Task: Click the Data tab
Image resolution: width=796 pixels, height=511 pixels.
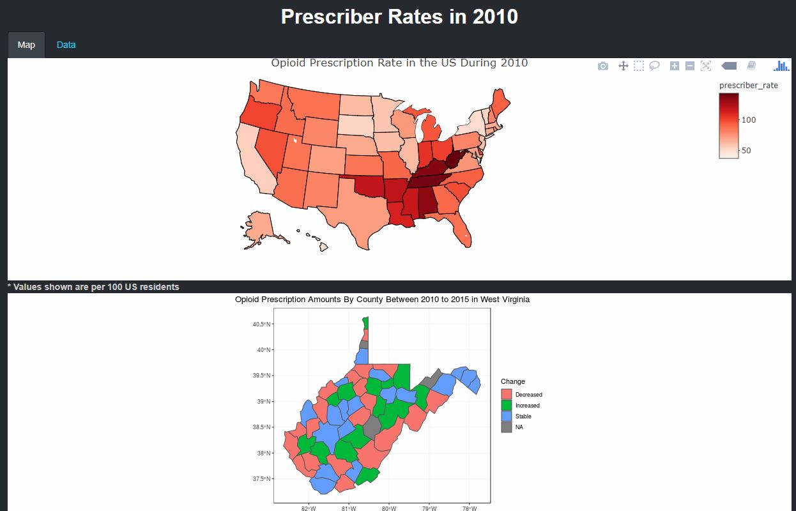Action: (x=66, y=45)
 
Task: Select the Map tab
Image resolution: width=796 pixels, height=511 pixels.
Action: (x=26, y=45)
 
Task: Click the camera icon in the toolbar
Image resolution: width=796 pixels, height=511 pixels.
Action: (x=603, y=66)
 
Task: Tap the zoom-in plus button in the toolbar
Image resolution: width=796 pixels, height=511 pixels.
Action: (x=675, y=66)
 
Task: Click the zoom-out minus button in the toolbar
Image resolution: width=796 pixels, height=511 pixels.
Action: (x=690, y=66)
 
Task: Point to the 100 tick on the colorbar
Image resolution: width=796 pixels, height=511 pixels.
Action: (x=749, y=120)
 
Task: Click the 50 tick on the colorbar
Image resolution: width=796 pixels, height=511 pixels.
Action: (x=746, y=151)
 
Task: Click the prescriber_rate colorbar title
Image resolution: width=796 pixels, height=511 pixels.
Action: (x=748, y=85)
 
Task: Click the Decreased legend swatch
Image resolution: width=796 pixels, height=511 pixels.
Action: (x=507, y=394)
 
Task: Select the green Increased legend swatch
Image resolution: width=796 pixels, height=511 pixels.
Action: (x=507, y=405)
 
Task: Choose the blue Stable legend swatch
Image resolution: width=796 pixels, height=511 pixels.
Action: (x=507, y=416)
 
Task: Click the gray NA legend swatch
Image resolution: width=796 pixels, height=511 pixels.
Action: (x=507, y=427)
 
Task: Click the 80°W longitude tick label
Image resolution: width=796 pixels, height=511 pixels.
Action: (x=388, y=508)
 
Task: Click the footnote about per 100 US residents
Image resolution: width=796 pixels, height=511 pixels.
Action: (x=93, y=287)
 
